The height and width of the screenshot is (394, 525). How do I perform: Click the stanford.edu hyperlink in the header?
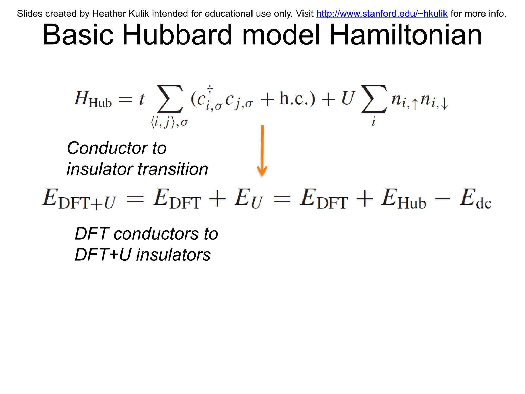coord(382,14)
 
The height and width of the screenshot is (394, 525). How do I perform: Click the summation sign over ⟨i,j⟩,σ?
coord(170,100)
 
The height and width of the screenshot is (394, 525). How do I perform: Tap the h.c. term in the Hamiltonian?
coord(297,98)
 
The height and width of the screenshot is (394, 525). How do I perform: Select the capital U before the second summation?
coord(348,98)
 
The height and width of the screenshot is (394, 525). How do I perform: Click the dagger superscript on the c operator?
coord(210,90)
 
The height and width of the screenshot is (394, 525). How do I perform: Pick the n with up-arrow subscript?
coord(404,101)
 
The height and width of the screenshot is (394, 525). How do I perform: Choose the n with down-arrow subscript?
coord(434,101)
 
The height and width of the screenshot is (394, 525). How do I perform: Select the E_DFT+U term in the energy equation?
coord(79,199)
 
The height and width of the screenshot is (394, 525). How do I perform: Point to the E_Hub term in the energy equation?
coord(404,199)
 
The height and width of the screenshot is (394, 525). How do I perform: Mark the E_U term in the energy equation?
coord(249,199)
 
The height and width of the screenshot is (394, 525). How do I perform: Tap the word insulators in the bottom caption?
coord(173,255)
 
